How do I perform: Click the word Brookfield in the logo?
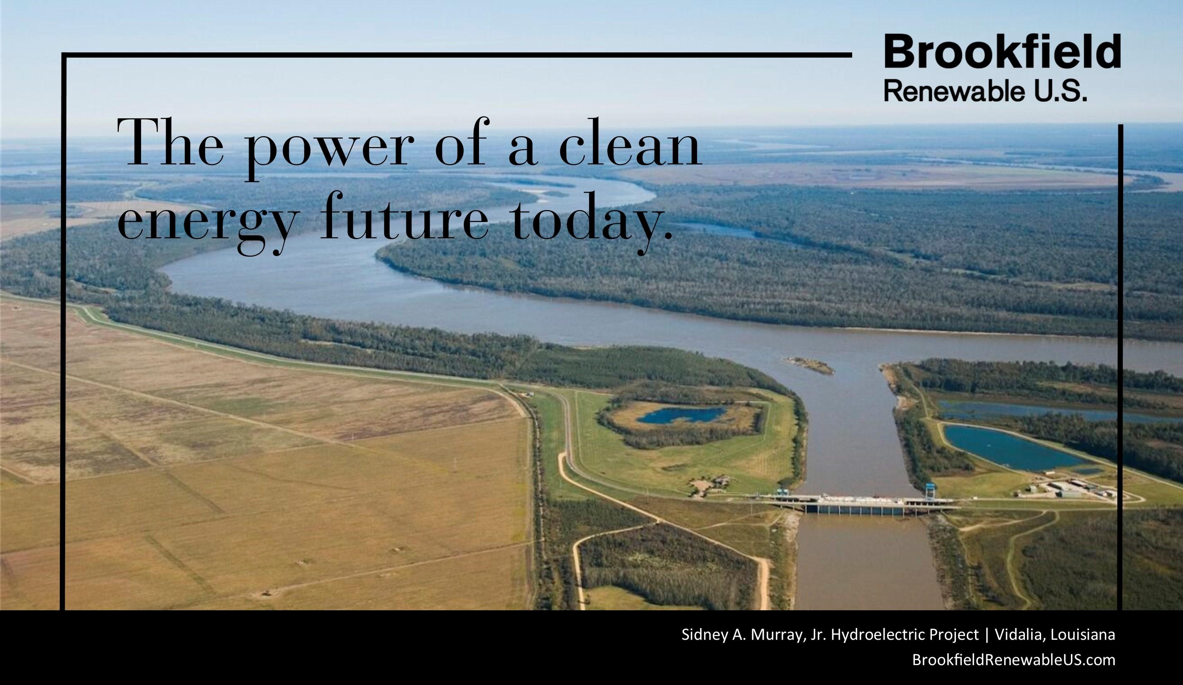coord(1002,51)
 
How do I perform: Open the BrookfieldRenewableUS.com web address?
coord(1014,660)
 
